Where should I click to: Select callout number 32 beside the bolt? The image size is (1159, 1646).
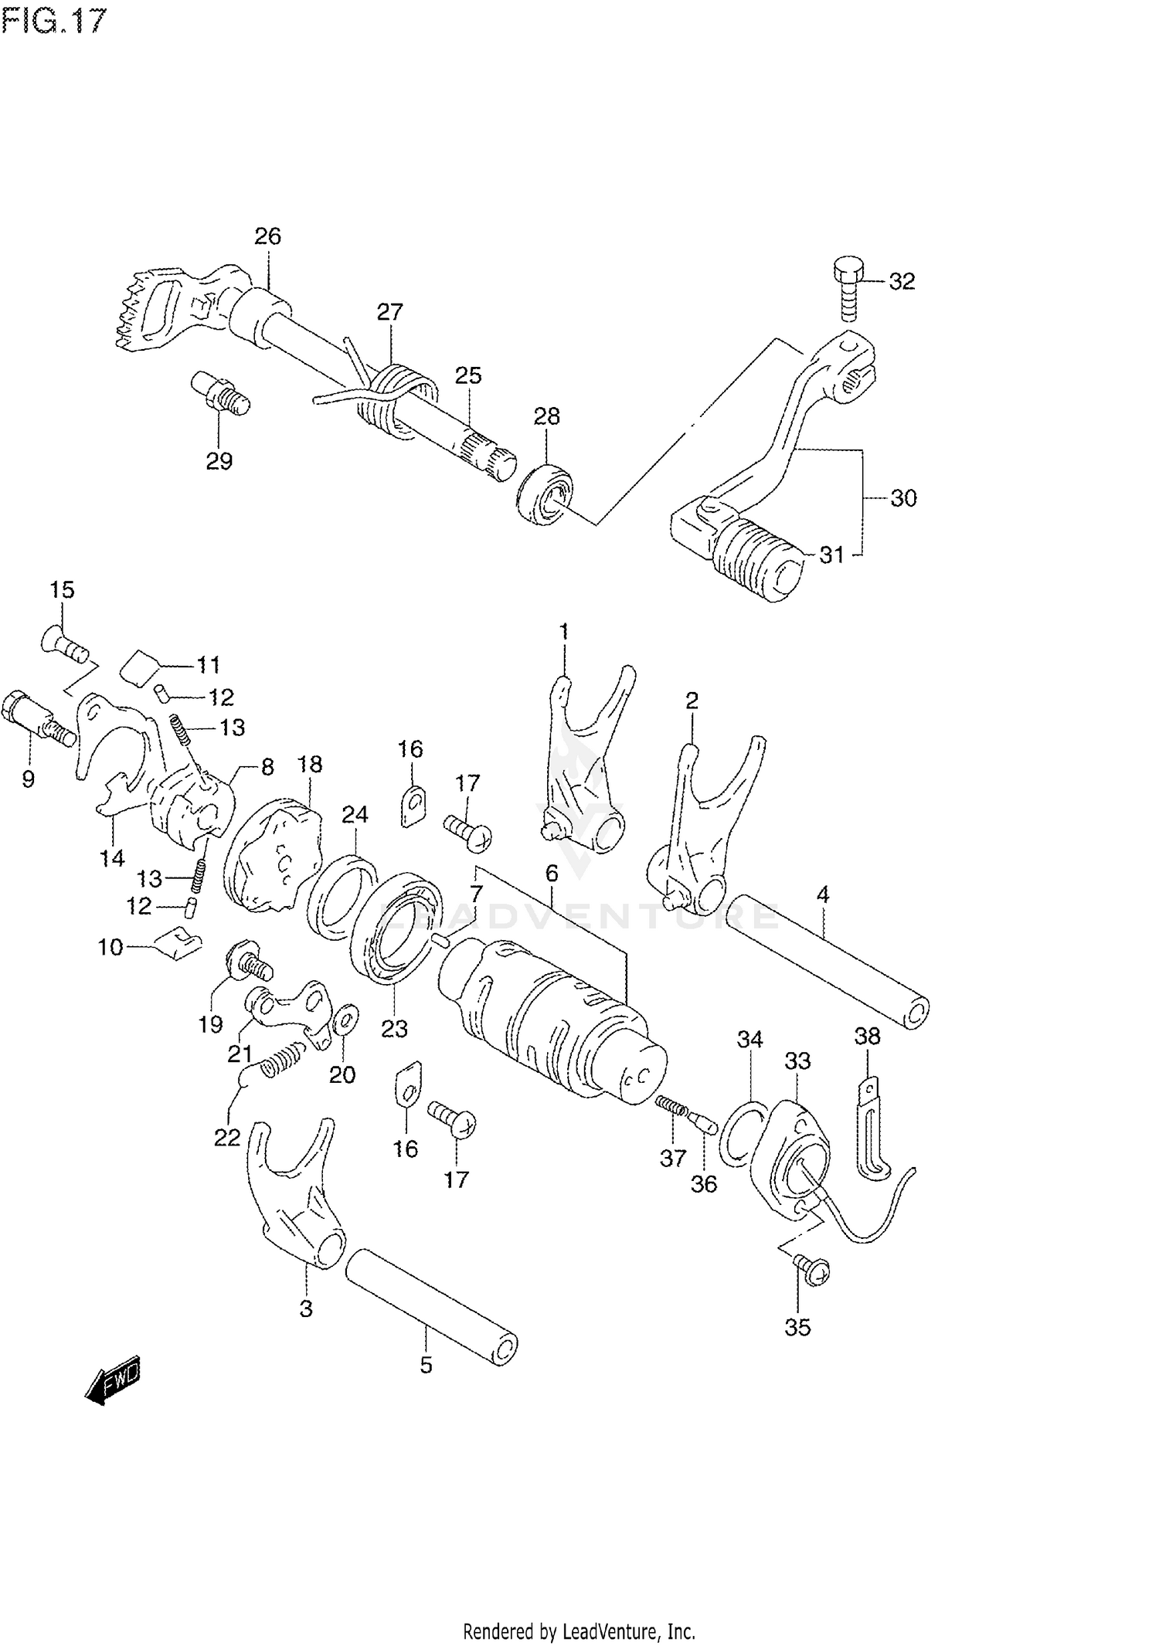coord(901,281)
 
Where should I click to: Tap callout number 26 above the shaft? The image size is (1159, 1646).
coord(268,236)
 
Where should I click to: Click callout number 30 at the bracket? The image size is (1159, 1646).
coord(902,498)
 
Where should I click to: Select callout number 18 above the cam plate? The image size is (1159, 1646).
coord(310,765)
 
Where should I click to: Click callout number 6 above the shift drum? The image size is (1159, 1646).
coord(551,874)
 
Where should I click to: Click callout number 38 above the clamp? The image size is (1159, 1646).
coord(867,1037)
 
